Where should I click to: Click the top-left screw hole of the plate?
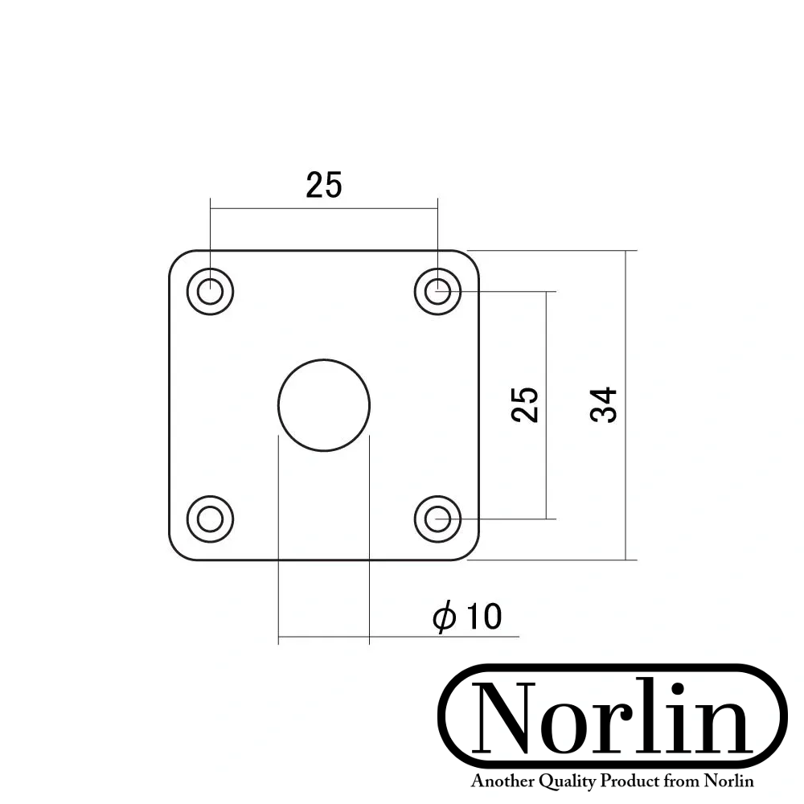210,291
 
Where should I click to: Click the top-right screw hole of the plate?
437,291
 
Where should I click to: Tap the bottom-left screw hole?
210,519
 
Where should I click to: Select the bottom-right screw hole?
437,519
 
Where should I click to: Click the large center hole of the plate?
324,404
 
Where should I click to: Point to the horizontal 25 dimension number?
324,186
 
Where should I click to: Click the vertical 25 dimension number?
524,404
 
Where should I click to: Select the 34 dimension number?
603,404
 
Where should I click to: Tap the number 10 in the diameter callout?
482,617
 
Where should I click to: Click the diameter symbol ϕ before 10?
444,617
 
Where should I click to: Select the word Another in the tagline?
498,781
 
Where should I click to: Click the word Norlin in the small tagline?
728,781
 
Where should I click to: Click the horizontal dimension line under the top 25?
324,208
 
